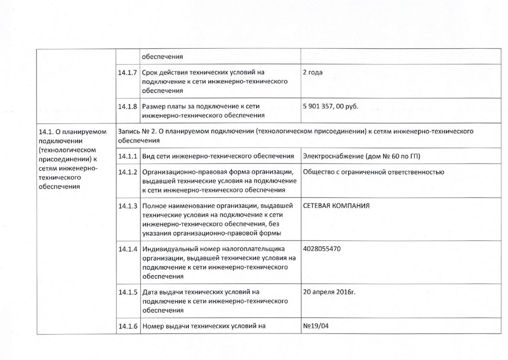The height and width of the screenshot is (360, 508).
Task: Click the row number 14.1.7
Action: [x=128, y=72]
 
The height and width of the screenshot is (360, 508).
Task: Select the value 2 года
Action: [x=313, y=72]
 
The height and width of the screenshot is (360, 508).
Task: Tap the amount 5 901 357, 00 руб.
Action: [x=330, y=107]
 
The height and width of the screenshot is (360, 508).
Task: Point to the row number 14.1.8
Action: [x=128, y=107]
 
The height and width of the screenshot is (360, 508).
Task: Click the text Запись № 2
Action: [x=136, y=131]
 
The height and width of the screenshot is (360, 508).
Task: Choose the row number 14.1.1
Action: [x=128, y=155]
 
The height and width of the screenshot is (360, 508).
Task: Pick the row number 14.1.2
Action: [x=128, y=172]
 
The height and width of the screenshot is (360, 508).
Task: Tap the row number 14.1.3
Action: [x=128, y=206]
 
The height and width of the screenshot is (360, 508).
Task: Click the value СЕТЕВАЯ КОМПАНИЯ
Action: [x=336, y=206]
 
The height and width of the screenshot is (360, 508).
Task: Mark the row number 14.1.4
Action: [x=128, y=249]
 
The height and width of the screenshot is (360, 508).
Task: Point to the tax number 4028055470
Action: [x=321, y=249]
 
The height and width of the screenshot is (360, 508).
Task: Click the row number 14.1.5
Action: [x=128, y=292]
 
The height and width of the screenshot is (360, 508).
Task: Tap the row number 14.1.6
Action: [x=128, y=326]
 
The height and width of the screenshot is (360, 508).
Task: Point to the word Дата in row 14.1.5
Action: [x=151, y=292]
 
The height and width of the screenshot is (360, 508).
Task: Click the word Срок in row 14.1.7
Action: [x=151, y=72]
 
